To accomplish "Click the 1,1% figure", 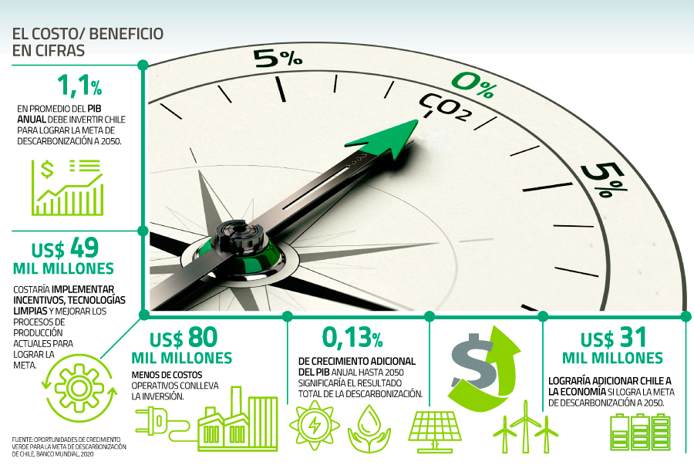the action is (79, 86).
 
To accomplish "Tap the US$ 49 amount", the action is (65, 248).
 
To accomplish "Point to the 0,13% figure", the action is (352, 337).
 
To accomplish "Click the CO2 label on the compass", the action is (445, 107).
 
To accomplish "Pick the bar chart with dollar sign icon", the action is (68, 187).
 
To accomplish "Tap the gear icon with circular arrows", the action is (79, 388).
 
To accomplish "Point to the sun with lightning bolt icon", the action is (315, 425).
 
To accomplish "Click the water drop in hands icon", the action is (369, 428).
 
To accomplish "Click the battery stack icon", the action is (640, 432).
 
